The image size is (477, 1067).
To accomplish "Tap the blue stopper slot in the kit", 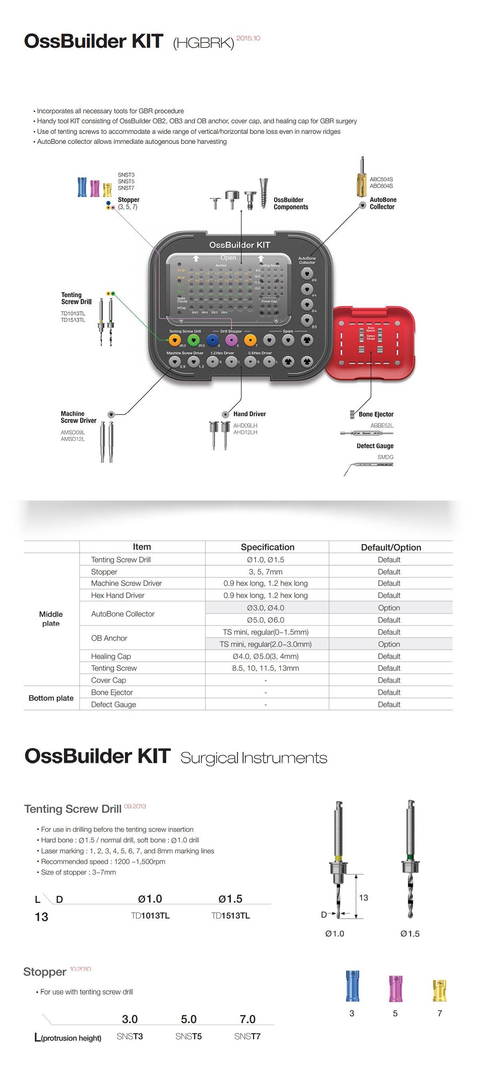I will click(x=213, y=340).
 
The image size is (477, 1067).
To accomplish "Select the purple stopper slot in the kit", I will click(x=231, y=340).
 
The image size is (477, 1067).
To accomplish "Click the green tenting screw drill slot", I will click(x=193, y=340).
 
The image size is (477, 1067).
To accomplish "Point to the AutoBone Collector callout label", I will click(x=383, y=203).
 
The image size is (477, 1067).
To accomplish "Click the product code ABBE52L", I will click(x=382, y=425).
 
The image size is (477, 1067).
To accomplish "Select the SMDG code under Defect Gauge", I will click(x=385, y=457).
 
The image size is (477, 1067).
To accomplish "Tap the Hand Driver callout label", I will click(x=249, y=414).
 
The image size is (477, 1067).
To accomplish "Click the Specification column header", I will click(x=268, y=547).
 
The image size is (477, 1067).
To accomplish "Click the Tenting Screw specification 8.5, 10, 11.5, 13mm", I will click(x=265, y=668).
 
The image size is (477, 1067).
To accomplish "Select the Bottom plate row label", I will click(x=51, y=698).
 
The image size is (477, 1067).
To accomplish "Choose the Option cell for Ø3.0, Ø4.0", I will click(x=389, y=608).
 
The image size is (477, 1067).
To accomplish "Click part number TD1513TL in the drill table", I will click(x=231, y=915).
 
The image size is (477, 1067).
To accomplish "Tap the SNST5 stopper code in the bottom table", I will click(x=189, y=1036).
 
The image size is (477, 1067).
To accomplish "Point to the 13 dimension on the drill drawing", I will click(x=364, y=897).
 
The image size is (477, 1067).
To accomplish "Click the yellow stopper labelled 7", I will click(x=439, y=990).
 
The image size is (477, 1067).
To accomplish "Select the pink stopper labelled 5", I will click(x=396, y=988).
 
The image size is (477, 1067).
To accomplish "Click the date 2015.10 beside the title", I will click(x=248, y=38).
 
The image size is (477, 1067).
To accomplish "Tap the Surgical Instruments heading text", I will click(x=253, y=758).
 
